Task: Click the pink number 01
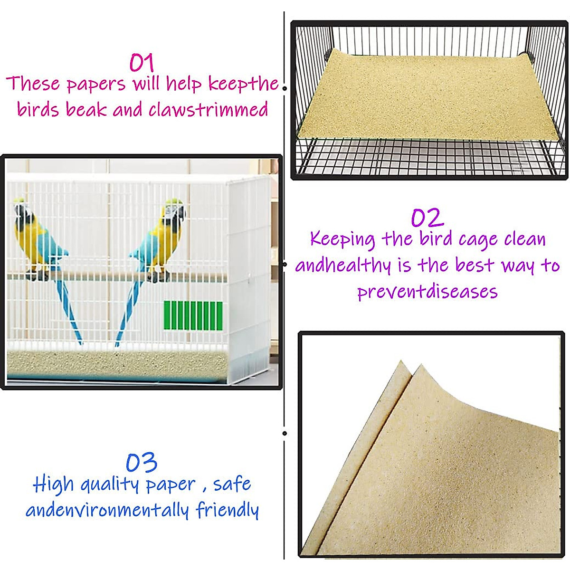pyautogui.click(x=142, y=62)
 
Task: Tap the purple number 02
pyautogui.click(x=427, y=218)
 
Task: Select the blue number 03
pyautogui.click(x=142, y=463)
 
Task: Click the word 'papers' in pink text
pyautogui.click(x=96, y=84)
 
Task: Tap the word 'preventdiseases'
pyautogui.click(x=427, y=291)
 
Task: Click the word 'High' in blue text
pyautogui.click(x=53, y=484)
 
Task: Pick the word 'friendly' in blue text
pyautogui.click(x=227, y=510)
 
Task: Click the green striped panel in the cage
pyautogui.click(x=193, y=315)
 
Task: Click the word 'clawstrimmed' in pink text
pyautogui.click(x=208, y=110)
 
